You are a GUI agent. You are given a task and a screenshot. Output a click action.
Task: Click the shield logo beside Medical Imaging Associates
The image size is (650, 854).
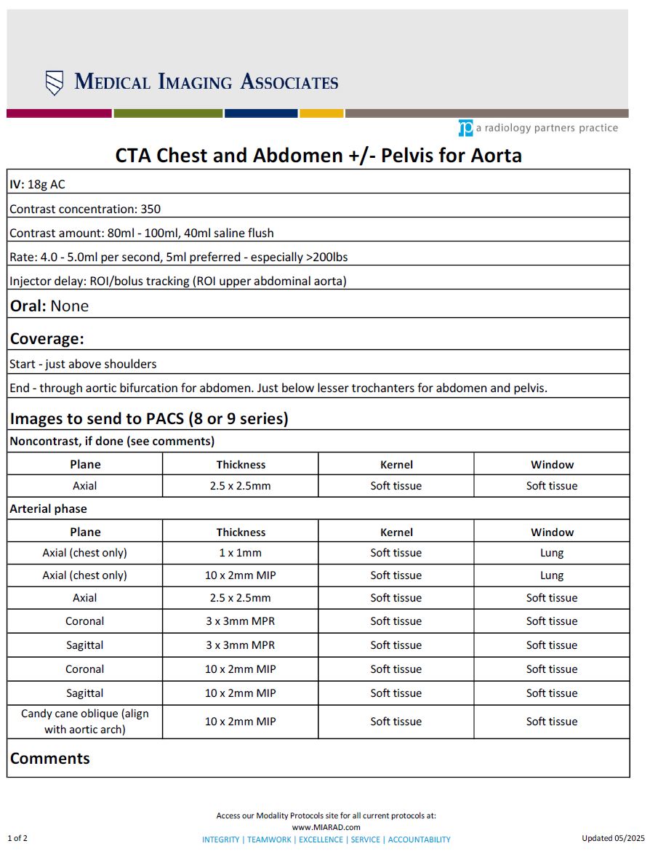click(x=55, y=83)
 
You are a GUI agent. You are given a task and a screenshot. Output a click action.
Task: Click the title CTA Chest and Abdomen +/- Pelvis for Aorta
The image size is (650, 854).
click(x=318, y=156)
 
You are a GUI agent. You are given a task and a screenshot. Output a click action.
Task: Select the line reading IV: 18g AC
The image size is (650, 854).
click(x=37, y=185)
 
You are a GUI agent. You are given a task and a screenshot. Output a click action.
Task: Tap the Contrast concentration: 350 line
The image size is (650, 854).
click(x=85, y=209)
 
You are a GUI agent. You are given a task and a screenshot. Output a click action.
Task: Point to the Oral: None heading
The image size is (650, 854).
click(x=49, y=306)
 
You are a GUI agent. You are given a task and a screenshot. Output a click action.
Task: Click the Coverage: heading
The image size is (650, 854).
click(x=47, y=339)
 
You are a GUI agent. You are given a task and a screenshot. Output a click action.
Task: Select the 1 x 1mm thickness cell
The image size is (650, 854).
click(x=241, y=553)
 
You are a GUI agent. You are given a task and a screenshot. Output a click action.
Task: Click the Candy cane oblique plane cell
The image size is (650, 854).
click(x=85, y=722)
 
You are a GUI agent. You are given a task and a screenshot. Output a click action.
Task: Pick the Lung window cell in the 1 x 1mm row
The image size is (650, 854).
click(x=552, y=553)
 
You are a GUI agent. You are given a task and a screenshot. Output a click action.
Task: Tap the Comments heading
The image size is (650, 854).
click(x=50, y=758)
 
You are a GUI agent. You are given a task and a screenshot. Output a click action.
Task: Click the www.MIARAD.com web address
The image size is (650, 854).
click(x=326, y=827)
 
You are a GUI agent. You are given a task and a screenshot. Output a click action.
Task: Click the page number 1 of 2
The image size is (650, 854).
click(x=18, y=838)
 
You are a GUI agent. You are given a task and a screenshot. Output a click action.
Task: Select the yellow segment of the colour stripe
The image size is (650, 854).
click(x=321, y=113)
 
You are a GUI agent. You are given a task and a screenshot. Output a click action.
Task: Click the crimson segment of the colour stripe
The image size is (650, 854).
click(x=59, y=113)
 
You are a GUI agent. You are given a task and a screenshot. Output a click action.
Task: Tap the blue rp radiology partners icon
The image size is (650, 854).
click(x=465, y=128)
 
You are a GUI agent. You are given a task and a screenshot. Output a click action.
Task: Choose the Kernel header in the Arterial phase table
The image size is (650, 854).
click(x=396, y=532)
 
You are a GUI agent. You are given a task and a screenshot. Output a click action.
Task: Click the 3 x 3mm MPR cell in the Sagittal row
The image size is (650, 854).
click(x=241, y=645)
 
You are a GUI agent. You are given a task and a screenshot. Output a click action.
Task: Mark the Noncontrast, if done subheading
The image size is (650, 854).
click(x=112, y=441)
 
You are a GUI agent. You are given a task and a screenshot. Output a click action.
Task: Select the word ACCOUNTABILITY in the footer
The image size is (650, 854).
click(x=419, y=839)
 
